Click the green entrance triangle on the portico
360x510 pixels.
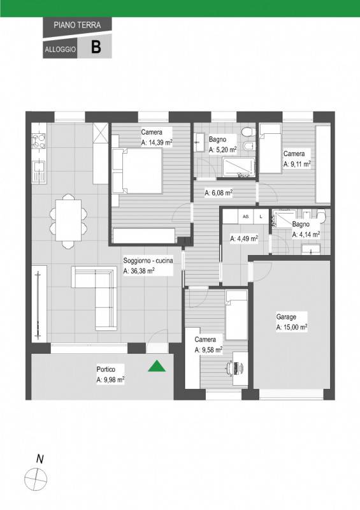[x=157, y=367]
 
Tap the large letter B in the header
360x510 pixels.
[x=96, y=47]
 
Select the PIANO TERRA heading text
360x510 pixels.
[x=77, y=25]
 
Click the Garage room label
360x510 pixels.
[x=286, y=316]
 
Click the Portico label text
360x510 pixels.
[x=106, y=369]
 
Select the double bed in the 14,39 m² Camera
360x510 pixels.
[x=137, y=171]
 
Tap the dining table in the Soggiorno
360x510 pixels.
[x=68, y=220]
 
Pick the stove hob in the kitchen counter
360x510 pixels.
[x=39, y=141]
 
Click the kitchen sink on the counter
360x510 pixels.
[x=39, y=171]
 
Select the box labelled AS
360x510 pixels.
[x=246, y=216]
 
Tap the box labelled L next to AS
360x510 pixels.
[x=261, y=216]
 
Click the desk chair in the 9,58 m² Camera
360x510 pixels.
[x=231, y=367]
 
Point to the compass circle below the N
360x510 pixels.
[x=36, y=479]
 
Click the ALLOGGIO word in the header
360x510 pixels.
[x=60, y=50]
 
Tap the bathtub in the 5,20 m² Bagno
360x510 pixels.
[x=239, y=168]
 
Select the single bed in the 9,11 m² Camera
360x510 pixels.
[x=270, y=148]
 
